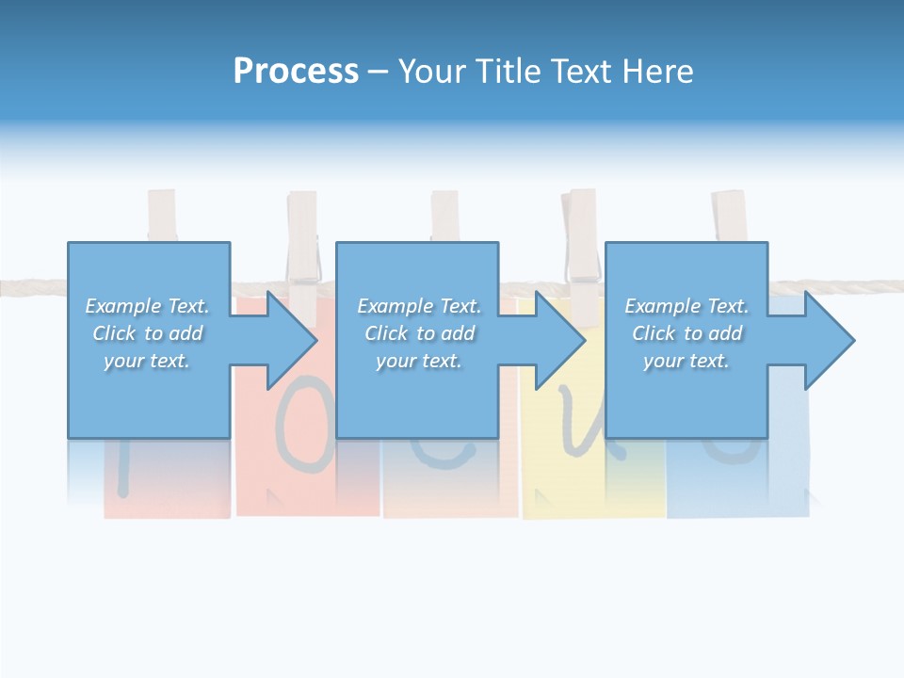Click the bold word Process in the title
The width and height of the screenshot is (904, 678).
(296, 72)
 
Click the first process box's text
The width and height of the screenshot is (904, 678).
(148, 333)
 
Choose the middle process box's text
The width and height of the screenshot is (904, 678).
(419, 333)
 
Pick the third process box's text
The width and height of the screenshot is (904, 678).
(686, 333)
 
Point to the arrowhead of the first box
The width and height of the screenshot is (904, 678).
(292, 340)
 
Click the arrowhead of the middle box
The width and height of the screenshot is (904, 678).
(560, 340)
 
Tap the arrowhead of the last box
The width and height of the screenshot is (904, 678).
(830, 340)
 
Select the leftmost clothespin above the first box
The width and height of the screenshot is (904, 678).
(162, 216)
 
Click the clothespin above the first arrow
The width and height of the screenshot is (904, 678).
(302, 241)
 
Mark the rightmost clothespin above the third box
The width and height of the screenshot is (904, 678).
(729, 216)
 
